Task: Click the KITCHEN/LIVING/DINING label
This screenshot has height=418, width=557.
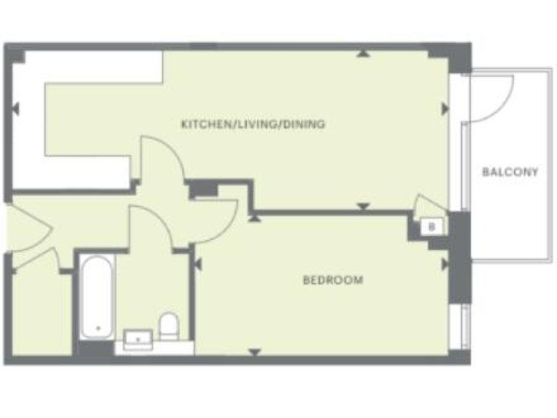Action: (252, 124)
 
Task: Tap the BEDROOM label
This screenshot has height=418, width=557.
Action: (333, 279)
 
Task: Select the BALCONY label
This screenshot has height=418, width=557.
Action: (511, 172)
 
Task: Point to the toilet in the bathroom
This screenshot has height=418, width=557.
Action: (169, 326)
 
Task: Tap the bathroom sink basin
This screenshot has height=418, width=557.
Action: (137, 337)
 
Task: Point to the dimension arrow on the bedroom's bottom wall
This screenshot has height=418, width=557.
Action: (255, 353)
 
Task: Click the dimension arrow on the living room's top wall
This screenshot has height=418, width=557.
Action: (363, 53)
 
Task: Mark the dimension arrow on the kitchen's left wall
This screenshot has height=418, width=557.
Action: (15, 110)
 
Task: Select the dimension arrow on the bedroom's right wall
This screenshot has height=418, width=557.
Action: (445, 264)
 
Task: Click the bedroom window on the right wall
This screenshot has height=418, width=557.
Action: (458, 327)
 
